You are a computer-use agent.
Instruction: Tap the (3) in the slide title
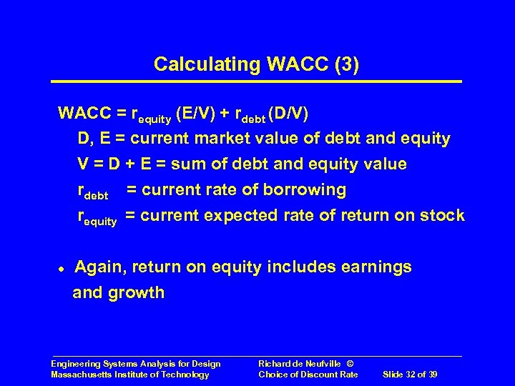pos(345,65)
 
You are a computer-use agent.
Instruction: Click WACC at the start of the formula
pos(84,113)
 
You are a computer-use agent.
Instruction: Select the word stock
pos(443,216)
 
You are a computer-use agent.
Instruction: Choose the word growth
pos(139,293)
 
